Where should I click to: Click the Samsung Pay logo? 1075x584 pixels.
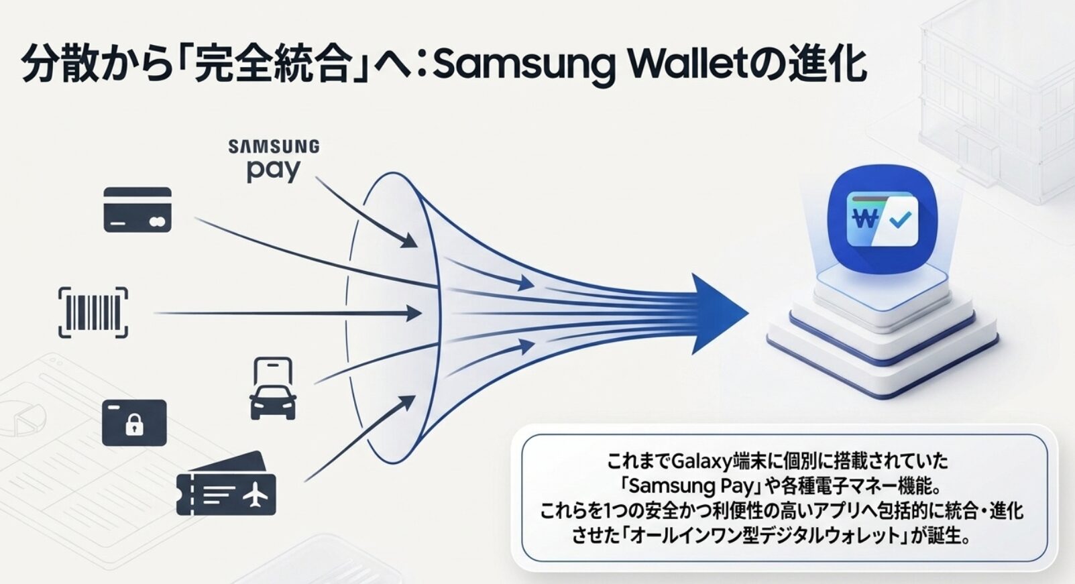(x=274, y=161)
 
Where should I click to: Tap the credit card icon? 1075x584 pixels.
(x=137, y=210)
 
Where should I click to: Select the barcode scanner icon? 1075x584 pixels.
(x=93, y=312)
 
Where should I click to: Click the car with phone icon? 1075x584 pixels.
(x=272, y=389)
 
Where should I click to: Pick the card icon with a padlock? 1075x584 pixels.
(x=134, y=423)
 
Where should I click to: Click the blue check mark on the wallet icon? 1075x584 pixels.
(x=901, y=220)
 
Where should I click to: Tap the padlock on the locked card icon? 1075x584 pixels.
(x=134, y=425)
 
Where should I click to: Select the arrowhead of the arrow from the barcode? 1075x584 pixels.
(x=414, y=314)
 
